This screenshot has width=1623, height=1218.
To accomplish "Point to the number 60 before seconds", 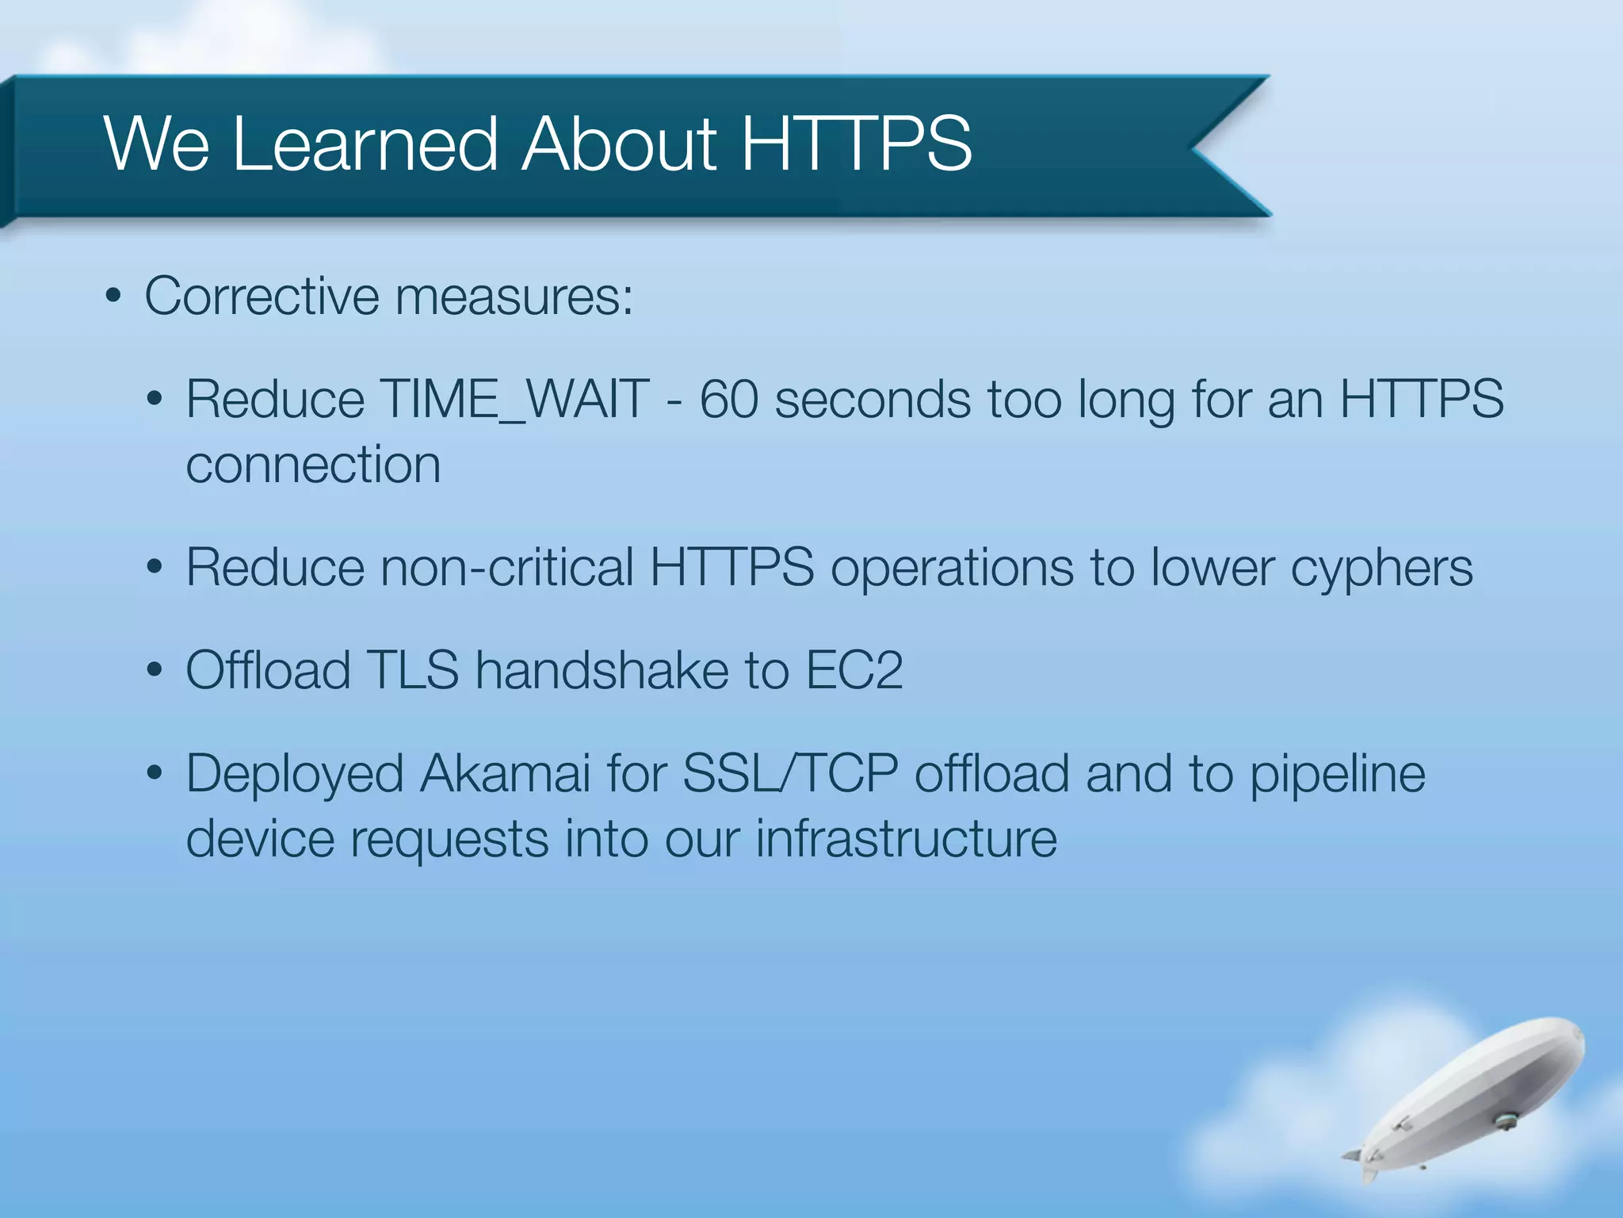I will [728, 399].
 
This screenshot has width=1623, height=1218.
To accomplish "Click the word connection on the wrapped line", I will [313, 465].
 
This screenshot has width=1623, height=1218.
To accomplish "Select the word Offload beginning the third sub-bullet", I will [267, 670].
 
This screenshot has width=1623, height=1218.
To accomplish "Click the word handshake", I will [601, 670].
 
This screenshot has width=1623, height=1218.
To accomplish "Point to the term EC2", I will [854, 670].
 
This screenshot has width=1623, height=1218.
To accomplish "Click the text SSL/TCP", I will [789, 773].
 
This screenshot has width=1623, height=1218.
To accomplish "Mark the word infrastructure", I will [906, 839].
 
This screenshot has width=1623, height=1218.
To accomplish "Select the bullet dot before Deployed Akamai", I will [155, 774].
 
